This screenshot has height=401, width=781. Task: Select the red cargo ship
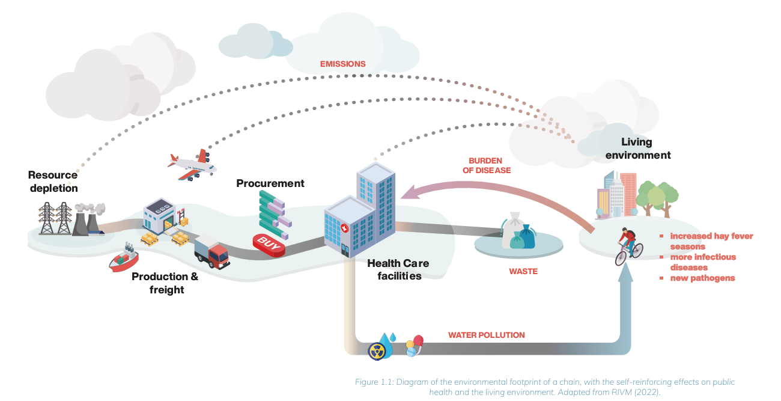[x=124, y=260]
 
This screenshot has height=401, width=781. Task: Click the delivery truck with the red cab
[x=211, y=251]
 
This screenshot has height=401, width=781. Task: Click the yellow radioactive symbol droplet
[x=377, y=350]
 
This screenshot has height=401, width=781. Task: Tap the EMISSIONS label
[x=342, y=64]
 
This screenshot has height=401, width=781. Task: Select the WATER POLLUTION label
[x=486, y=335]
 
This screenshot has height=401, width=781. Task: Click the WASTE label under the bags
[x=523, y=271]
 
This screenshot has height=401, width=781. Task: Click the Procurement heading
[x=270, y=183]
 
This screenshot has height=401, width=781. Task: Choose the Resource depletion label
[x=53, y=182]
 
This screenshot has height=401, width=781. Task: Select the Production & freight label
[x=165, y=283]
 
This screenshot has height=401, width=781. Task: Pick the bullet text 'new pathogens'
[x=702, y=278]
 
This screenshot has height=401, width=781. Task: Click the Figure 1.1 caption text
[x=543, y=387]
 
